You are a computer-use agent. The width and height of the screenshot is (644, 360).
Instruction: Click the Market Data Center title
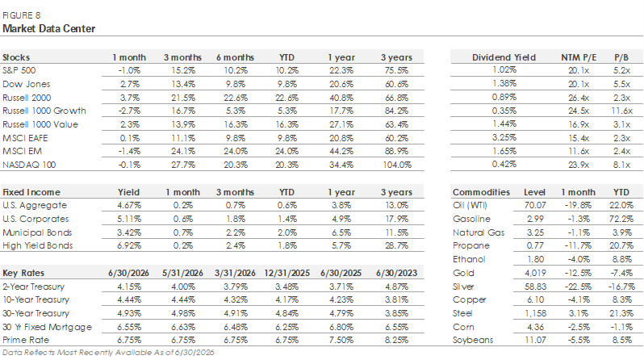[x=49, y=29]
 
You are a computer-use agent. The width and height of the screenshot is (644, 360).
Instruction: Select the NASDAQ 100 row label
[x=29, y=165]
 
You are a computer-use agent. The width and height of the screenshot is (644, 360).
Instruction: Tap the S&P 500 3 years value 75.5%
[x=396, y=71]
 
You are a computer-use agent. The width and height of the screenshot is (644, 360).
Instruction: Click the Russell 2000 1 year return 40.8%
[x=341, y=98]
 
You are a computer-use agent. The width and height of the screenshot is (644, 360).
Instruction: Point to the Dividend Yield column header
[x=504, y=57]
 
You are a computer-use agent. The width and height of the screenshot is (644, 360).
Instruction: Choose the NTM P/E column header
[x=579, y=57]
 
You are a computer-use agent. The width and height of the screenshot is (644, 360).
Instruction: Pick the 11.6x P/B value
[x=621, y=111]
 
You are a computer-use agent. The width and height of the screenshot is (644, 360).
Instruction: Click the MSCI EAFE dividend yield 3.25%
[x=504, y=138]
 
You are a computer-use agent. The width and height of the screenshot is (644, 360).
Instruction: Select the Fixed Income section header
[x=31, y=192]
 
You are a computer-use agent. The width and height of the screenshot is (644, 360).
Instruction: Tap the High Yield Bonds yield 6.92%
[x=129, y=245]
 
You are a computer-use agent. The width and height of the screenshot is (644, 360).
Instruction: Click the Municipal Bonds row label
[x=37, y=232]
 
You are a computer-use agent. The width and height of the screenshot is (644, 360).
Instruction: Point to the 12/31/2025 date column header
[x=286, y=274]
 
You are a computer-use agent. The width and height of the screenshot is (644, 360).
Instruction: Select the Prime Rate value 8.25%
[x=396, y=341]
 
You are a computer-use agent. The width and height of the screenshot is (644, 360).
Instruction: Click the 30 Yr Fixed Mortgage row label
[x=48, y=327]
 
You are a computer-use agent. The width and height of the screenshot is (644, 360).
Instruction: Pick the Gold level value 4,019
[x=535, y=274]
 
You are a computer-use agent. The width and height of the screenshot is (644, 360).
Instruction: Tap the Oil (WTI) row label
[x=470, y=205]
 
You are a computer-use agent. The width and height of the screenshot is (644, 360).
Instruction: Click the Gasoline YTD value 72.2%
[x=621, y=219]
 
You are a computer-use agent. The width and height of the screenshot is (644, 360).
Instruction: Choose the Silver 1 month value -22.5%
[x=579, y=287]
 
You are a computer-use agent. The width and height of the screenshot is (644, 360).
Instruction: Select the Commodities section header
[x=481, y=192]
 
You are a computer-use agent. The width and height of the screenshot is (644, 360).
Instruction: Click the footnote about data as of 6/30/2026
[x=108, y=353]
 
